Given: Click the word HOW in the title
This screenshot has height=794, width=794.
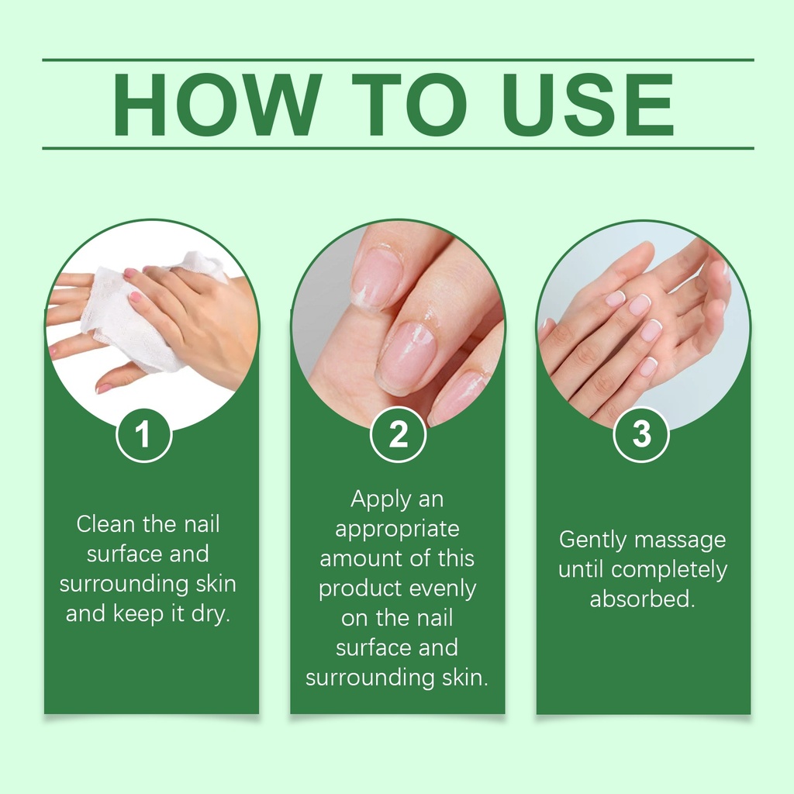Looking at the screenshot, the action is (218, 105).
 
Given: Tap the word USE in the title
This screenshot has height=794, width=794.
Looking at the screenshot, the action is (588, 105).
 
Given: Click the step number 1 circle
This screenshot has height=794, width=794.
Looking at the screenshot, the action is (143, 435).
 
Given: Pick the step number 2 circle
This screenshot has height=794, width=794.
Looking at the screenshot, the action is (398, 434).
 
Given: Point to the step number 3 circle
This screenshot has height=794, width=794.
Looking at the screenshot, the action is (641, 434).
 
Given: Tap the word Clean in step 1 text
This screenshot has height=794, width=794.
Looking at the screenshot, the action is (106, 524).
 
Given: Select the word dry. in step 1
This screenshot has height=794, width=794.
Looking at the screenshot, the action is (211, 614).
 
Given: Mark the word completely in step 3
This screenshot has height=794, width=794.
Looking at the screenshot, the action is (669, 571).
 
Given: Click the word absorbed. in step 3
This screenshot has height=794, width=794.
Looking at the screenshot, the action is (642, 599).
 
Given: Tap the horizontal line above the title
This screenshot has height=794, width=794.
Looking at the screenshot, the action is (398, 60).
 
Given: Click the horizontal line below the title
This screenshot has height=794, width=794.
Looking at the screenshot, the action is (398, 148).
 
